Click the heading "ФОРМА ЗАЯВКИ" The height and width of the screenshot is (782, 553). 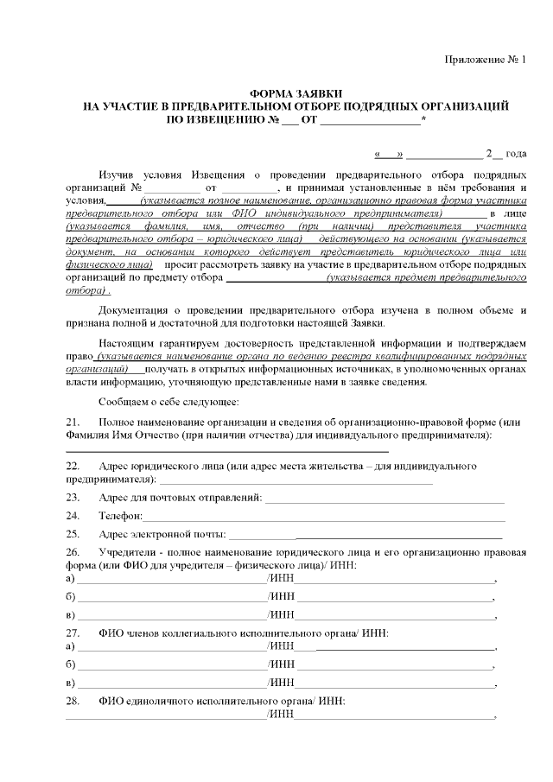[296, 92]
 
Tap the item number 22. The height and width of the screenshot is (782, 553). [73, 466]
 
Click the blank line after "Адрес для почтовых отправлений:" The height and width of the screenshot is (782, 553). [385, 499]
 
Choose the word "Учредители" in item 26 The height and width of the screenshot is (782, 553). [127, 550]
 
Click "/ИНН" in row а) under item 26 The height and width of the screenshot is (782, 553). [281, 578]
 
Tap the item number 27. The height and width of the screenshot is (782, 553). [73, 633]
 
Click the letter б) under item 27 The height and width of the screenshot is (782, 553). [71, 664]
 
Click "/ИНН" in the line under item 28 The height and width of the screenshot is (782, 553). [281, 715]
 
